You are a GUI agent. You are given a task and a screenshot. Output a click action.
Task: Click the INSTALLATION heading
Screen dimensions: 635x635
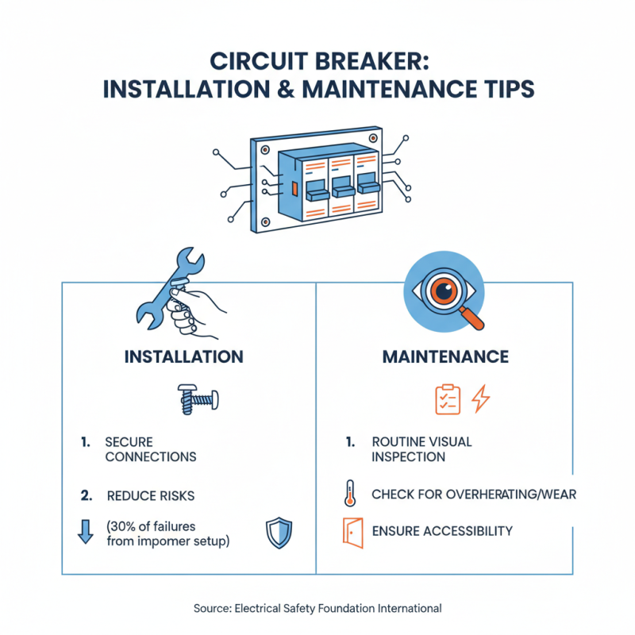[183, 357]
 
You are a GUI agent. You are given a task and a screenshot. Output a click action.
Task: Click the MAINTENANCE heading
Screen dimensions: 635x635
[445, 357]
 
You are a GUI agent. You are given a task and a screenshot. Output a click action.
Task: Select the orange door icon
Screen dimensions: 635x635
[352, 531]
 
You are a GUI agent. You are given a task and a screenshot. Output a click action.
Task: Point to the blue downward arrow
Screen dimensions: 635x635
[86, 532]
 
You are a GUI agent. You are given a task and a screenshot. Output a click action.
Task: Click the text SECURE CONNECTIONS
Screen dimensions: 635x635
[150, 449]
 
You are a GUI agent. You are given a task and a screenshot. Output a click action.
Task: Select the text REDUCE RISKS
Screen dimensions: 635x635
[150, 495]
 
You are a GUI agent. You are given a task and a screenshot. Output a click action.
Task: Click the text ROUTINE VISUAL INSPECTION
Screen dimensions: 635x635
[421, 449]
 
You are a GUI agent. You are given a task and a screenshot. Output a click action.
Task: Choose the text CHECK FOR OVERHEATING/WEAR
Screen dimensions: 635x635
[473, 495]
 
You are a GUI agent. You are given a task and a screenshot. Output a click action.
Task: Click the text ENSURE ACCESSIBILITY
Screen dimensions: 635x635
[441, 531]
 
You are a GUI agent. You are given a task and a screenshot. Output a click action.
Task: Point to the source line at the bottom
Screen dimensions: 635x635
[317, 608]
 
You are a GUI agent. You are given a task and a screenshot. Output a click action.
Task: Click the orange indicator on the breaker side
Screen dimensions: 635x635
[294, 190]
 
